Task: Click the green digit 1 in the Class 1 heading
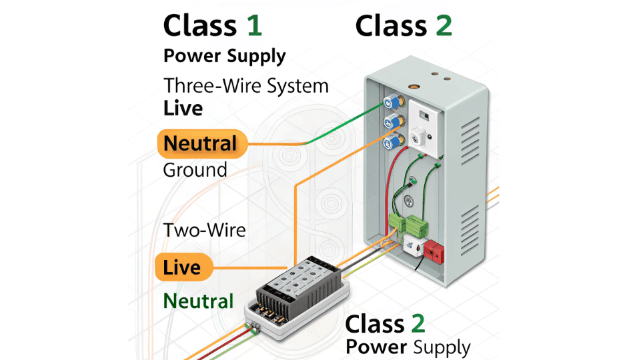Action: click(254, 25)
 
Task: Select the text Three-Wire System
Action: click(246, 86)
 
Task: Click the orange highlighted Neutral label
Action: click(200, 143)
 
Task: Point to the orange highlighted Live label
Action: click(182, 268)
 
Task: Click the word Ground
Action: click(195, 170)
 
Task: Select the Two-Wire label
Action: click(204, 231)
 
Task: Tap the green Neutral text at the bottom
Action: click(198, 301)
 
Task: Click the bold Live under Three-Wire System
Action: click(183, 109)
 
